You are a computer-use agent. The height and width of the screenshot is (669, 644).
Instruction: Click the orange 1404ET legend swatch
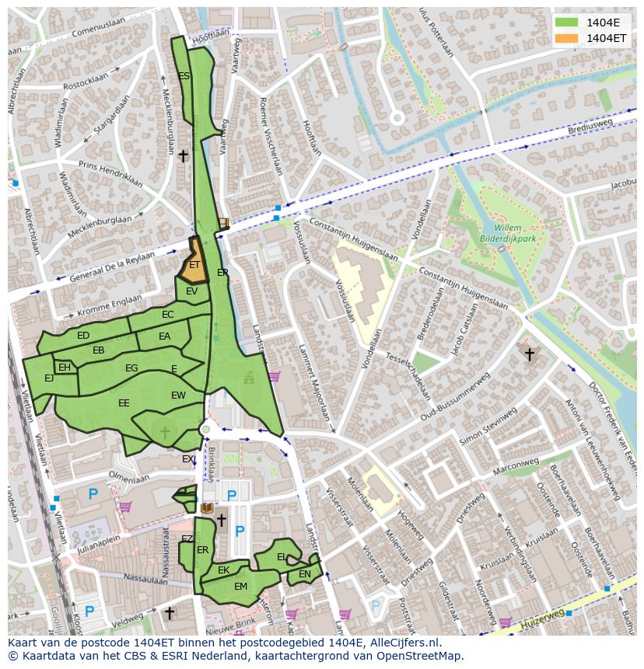pyautogui.click(x=567, y=37)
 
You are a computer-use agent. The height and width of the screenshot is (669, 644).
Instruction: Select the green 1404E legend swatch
pyautogui.click(x=567, y=22)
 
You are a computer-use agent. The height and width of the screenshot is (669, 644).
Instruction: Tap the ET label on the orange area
pyautogui.click(x=194, y=265)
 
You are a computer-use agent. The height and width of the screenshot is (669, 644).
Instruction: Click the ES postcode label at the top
pyautogui.click(x=184, y=76)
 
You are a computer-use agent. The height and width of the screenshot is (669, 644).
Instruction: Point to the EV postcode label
pyautogui.click(x=192, y=291)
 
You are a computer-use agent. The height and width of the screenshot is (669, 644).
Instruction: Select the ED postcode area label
pyautogui.click(x=83, y=336)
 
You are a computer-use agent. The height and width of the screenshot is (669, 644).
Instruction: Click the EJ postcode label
pyautogui.click(x=49, y=378)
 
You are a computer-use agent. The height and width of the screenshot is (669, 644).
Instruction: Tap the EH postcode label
pyautogui.click(x=65, y=368)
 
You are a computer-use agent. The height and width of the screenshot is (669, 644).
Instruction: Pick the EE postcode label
pyautogui.click(x=124, y=402)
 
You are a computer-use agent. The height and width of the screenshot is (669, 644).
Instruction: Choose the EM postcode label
pyautogui.click(x=240, y=587)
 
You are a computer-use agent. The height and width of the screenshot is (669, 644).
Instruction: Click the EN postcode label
pyautogui.click(x=305, y=574)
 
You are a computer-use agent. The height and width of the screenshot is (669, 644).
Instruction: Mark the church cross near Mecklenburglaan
pyautogui.click(x=183, y=156)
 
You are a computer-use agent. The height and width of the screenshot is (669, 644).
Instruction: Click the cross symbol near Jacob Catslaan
pyautogui.click(x=529, y=354)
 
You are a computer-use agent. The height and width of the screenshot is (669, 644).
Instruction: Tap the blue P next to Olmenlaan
pyautogui.click(x=93, y=494)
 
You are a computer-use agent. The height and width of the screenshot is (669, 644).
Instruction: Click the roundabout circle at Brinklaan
pyautogui.click(x=205, y=429)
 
